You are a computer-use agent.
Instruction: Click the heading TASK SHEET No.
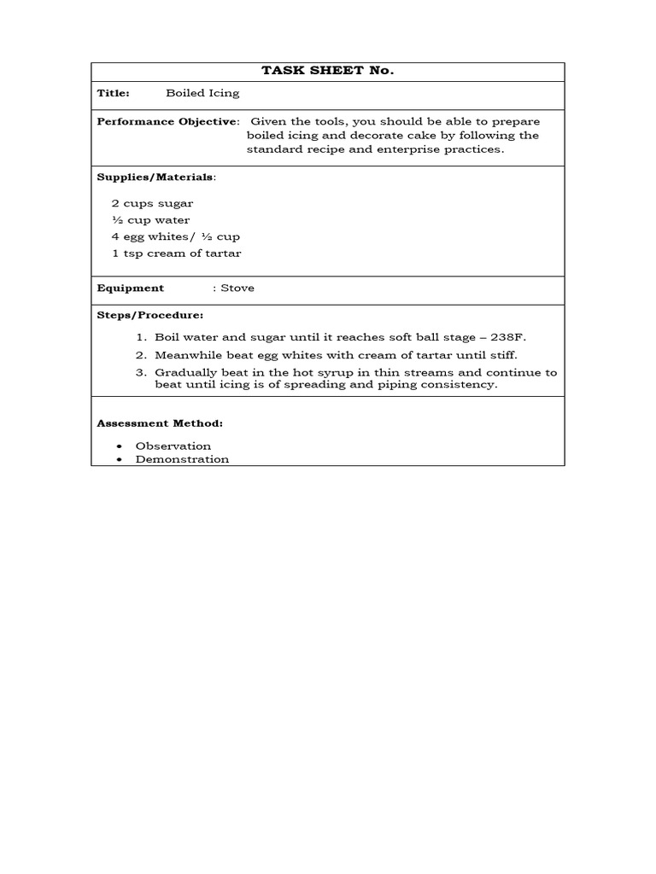coord(327,71)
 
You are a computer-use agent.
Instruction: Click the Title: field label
coord(113,93)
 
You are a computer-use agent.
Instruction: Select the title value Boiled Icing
coord(202,93)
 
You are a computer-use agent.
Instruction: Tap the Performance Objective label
coord(167,121)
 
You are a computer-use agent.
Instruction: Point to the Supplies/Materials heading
coord(155,177)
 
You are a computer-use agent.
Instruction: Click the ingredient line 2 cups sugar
coord(152,203)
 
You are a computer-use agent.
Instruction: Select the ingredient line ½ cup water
coord(150,220)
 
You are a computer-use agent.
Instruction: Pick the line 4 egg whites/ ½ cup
coord(175,236)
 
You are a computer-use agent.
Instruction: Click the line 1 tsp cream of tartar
coord(176,253)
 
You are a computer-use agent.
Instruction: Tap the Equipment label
coord(130,288)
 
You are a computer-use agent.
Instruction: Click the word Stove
coord(237,288)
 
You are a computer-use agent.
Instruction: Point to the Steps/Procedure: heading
coord(149,315)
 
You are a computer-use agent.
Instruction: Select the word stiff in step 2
coord(501,355)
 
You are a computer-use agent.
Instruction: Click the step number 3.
coord(141,372)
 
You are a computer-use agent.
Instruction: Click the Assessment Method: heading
coord(160,422)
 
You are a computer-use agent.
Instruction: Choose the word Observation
coord(173,446)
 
